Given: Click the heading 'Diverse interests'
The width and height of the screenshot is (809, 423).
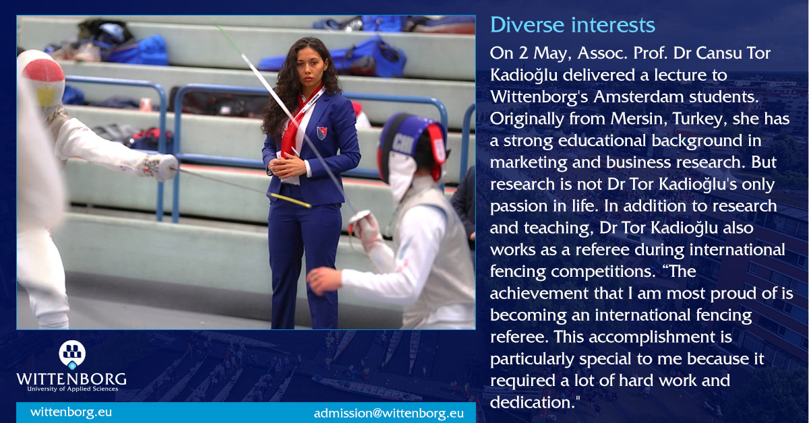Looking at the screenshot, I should pyautogui.click(x=572, y=25).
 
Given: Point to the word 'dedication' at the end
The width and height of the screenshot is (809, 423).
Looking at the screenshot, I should pyautogui.click(x=532, y=403).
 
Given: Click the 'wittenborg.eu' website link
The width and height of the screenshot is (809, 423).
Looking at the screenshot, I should pyautogui.click(x=71, y=412).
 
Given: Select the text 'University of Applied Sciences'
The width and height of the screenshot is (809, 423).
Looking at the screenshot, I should pyautogui.click(x=72, y=389).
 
